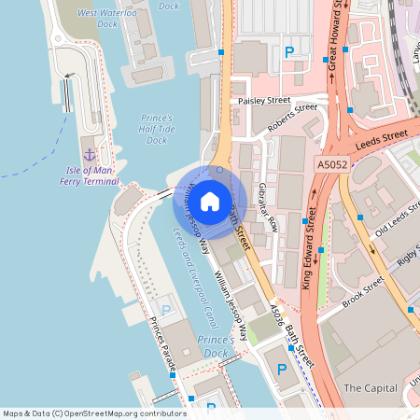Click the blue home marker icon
tap(210, 200)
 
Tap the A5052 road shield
tap(331, 164)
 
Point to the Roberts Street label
tap(292, 119)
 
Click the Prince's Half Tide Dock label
tap(156, 129)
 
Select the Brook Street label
tap(363, 292)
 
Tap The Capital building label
tap(371, 387)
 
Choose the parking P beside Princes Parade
tap(166, 310)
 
